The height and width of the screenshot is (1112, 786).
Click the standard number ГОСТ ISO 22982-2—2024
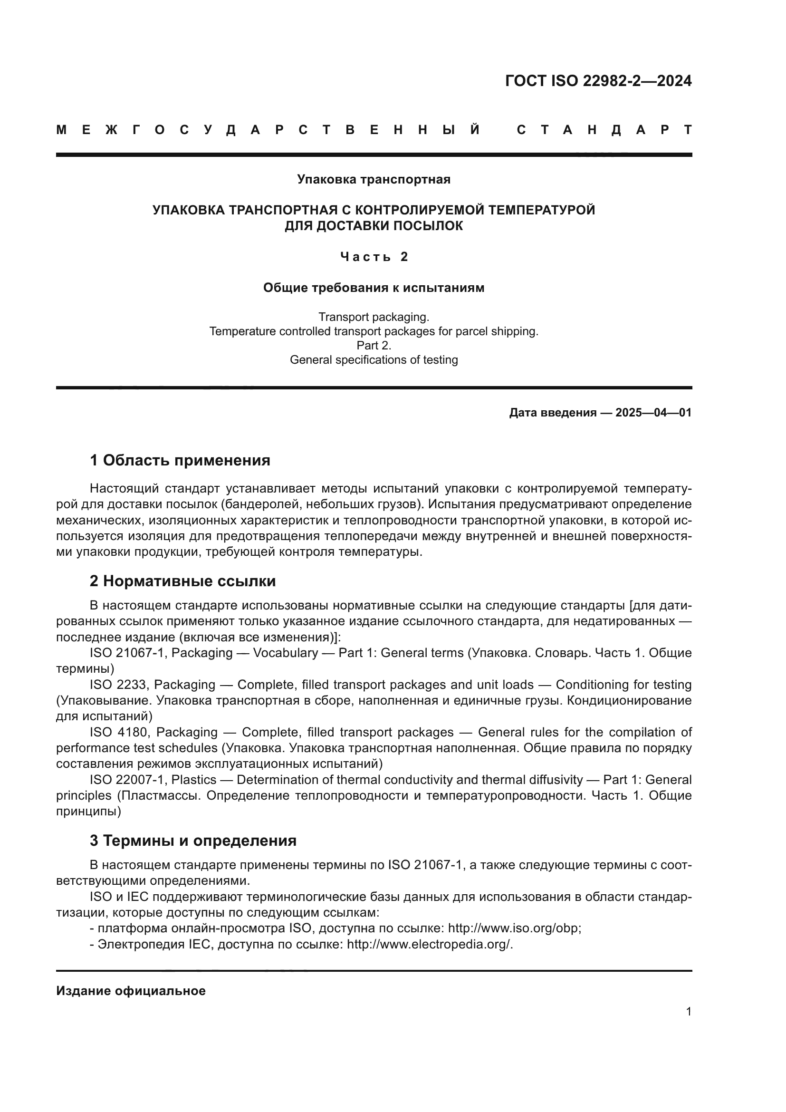[598, 81]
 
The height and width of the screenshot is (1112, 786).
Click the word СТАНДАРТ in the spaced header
[604, 130]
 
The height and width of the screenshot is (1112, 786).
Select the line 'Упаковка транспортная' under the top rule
[374, 180]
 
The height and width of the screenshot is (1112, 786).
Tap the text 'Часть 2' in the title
[374, 257]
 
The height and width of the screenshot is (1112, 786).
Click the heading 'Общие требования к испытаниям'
[374, 288]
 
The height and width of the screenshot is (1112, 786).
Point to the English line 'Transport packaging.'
[374, 317]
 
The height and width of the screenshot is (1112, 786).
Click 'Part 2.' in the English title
[374, 345]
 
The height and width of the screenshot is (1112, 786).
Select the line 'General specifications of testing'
[374, 360]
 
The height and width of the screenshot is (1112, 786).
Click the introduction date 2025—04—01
[653, 413]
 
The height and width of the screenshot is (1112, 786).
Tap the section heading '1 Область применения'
[180, 460]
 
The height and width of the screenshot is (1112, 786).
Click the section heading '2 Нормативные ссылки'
[182, 580]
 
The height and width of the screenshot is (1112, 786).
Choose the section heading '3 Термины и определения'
[193, 840]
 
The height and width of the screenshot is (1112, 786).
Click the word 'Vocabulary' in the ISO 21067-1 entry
[286, 653]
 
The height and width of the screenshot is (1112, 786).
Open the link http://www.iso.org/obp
[514, 928]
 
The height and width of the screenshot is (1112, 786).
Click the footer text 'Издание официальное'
[131, 991]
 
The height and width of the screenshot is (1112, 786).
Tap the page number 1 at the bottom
[688, 1012]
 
